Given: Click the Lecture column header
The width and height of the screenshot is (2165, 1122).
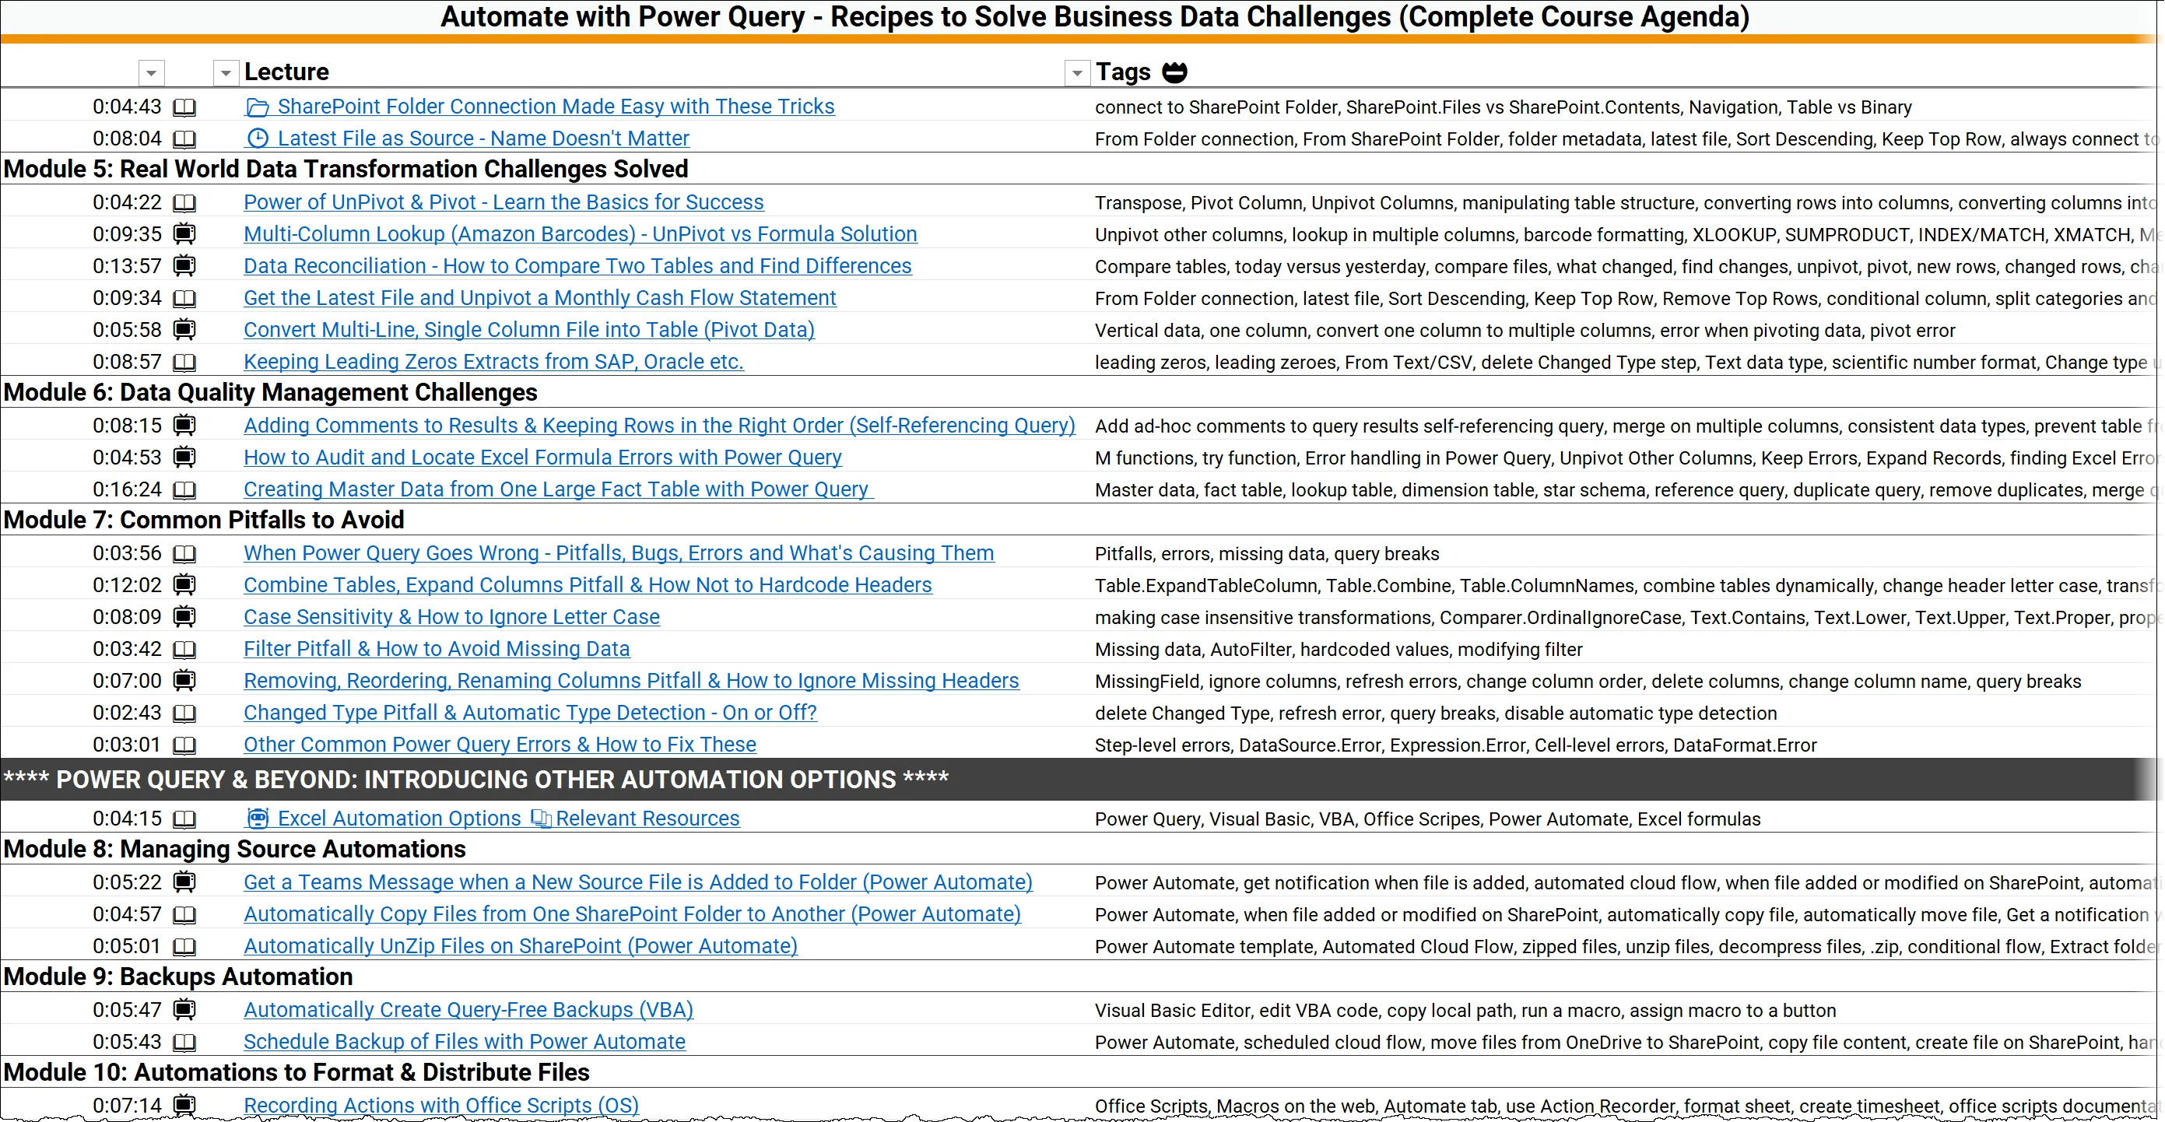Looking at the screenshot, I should [286, 72].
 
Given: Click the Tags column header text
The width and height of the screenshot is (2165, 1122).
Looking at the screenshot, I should [1122, 72].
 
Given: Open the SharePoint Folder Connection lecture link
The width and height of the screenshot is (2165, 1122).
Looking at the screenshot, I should [555, 107].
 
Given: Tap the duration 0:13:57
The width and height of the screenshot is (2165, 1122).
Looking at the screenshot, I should [127, 266].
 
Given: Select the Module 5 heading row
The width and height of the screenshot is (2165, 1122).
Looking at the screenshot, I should [346, 170].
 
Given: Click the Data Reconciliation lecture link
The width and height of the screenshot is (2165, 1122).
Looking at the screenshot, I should [577, 266].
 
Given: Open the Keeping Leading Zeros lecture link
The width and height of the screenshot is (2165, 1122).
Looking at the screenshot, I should [493, 363].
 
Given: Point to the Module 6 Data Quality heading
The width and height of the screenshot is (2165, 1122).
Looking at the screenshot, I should [270, 392].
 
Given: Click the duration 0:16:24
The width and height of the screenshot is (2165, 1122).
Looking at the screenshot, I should [127, 490].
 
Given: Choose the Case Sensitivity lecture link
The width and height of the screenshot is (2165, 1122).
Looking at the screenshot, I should [451, 618].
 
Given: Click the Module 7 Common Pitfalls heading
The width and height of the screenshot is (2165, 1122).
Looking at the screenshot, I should [203, 521].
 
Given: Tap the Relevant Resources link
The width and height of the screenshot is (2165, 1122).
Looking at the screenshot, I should [647, 819].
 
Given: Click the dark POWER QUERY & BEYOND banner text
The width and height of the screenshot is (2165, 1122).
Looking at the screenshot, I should [475, 780].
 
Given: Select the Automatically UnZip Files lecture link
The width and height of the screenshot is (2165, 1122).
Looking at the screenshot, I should [521, 946].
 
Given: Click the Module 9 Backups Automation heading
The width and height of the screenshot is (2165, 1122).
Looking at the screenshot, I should [177, 976].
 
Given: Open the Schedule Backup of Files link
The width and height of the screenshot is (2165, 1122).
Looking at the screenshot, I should [464, 1042].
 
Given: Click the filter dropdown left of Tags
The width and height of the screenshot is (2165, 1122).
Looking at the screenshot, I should [1076, 73].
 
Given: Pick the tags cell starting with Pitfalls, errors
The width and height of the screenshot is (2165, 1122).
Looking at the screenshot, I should [1267, 554].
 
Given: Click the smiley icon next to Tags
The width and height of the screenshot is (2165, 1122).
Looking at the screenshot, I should [1174, 72].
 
